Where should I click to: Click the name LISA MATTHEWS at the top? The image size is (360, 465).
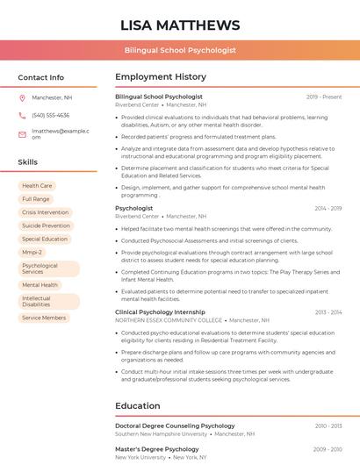180,25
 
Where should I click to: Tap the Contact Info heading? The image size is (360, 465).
41,77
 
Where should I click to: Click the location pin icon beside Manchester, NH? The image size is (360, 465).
22,98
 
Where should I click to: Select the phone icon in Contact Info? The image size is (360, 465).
22,116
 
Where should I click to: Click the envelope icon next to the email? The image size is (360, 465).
22,134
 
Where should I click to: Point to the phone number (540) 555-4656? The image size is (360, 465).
51,116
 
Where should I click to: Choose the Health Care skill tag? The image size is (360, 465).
37,186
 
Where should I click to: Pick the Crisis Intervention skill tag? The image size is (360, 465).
45,212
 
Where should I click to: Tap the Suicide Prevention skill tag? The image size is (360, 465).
46,225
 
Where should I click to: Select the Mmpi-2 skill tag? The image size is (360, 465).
32,252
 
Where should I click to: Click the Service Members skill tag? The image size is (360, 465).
44,318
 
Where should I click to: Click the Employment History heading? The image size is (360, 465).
161,77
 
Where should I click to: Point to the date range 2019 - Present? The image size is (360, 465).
324,97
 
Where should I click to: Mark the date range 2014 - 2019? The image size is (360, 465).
328,208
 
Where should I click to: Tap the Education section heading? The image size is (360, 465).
137,406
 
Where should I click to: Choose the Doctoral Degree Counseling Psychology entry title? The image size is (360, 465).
175,426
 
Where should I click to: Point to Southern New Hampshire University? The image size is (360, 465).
162,433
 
